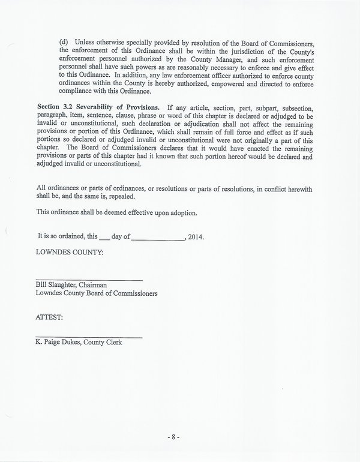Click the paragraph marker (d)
tap(64, 43)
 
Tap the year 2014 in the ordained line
tap(196, 237)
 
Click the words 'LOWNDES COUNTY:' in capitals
tap(70, 253)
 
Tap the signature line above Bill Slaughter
tap(89, 280)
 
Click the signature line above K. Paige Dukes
tap(89, 336)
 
